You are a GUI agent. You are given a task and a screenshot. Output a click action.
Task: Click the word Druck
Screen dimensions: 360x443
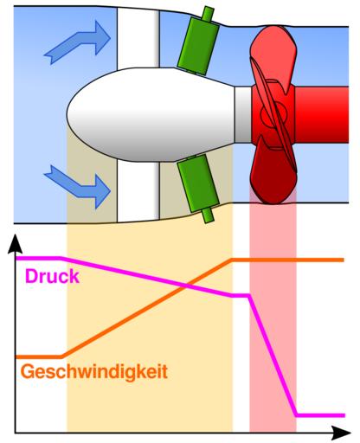click(x=52, y=276)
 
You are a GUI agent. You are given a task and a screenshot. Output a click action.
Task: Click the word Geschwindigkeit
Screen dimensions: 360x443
click(x=94, y=371)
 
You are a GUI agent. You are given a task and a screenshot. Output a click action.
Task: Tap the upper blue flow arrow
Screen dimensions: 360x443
click(x=78, y=42)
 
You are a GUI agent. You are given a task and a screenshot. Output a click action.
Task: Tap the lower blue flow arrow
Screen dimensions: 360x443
click(x=78, y=186)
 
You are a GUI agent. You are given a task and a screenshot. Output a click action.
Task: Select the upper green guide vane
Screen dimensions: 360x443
click(x=198, y=46)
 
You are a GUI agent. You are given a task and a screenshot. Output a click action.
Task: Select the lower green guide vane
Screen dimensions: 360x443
click(x=198, y=183)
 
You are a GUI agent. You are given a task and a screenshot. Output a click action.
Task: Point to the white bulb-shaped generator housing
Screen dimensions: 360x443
click(x=151, y=114)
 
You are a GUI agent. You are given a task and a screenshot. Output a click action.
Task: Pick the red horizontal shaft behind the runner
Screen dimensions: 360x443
click(x=322, y=114)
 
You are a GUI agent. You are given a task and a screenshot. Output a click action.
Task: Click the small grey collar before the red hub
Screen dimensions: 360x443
click(x=243, y=114)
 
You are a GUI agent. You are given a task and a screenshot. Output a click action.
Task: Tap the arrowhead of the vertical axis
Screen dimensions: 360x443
click(x=15, y=244)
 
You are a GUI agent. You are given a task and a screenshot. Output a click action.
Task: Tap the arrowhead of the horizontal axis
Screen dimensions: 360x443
click(x=341, y=433)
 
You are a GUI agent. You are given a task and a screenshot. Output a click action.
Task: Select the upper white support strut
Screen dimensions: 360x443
click(x=138, y=38)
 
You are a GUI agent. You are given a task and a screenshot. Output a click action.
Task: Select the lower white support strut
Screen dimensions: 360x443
click(x=138, y=191)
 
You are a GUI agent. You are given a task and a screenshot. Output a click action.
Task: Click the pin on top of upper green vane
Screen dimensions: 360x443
click(x=208, y=14)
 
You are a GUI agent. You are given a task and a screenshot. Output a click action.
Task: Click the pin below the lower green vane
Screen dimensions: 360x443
click(x=208, y=215)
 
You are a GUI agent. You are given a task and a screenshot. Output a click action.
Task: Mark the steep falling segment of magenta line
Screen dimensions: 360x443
click(x=272, y=356)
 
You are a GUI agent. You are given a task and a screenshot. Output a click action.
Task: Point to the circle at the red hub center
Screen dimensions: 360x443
click(x=273, y=114)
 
